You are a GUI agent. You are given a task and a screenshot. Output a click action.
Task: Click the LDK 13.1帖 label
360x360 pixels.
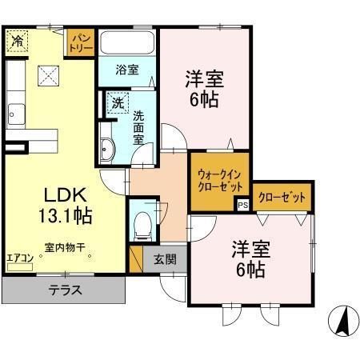click(x=61, y=204)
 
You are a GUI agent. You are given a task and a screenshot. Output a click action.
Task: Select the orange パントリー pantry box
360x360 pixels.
click(x=81, y=43)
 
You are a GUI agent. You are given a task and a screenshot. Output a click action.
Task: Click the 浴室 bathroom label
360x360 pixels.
click(x=127, y=69)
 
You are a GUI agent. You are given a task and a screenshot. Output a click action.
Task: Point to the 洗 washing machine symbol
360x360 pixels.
click(x=117, y=103)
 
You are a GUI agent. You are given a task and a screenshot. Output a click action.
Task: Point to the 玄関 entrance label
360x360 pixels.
click(x=165, y=258)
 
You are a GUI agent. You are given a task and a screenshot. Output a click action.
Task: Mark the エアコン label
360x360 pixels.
click(x=18, y=258)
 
